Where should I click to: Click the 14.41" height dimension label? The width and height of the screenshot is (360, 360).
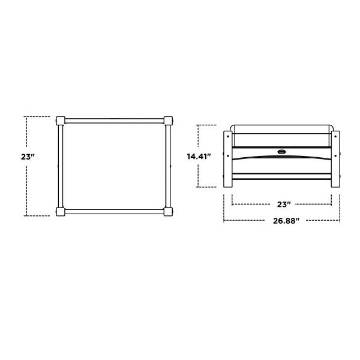tap(199, 157)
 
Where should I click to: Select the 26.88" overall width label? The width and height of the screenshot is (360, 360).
tap(286, 221)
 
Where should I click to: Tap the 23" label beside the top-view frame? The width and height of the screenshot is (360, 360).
tap(28, 157)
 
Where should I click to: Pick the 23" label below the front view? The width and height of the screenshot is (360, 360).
tap(284, 205)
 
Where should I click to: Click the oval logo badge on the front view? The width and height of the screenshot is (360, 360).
tap(282, 152)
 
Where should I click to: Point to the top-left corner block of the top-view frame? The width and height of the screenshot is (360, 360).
tap(61, 121)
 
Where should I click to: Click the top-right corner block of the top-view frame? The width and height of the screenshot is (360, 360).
tap(168, 121)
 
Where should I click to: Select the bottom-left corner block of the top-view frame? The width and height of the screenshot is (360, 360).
tap(61, 211)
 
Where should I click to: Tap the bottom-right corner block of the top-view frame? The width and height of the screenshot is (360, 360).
tap(168, 211)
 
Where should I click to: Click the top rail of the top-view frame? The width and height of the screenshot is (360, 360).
tap(115, 121)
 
